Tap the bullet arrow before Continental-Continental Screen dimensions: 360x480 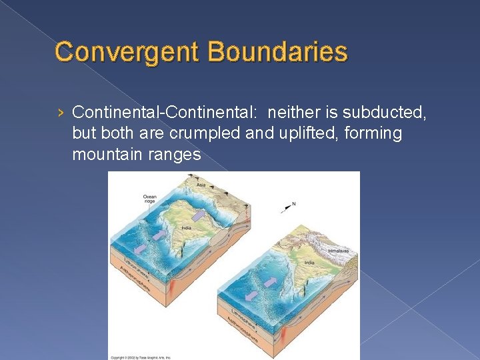coord(61,111)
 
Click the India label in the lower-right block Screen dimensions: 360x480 coord(309,263)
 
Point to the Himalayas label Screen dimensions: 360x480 coord(337,251)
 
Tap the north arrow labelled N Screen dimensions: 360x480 coord(289,207)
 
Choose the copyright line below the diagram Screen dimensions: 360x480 coord(142,357)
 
